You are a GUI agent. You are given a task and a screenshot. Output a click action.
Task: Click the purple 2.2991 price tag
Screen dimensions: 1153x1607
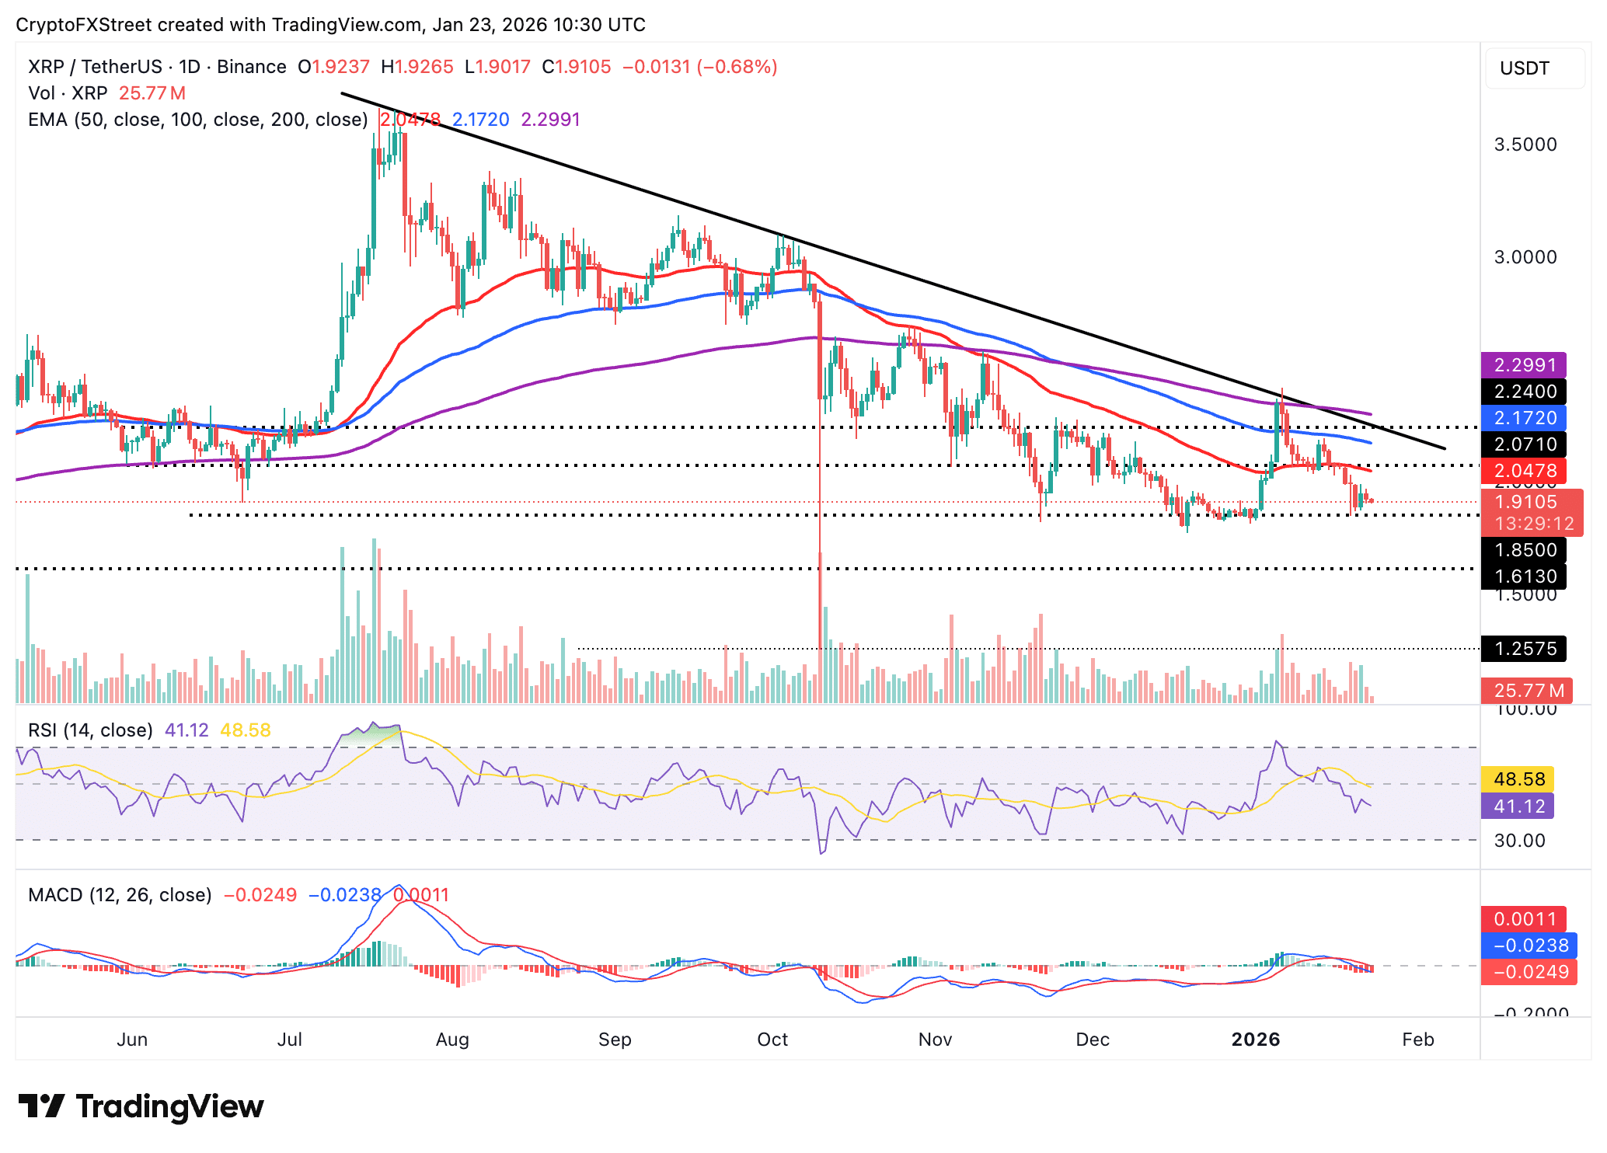pyautogui.click(x=1523, y=364)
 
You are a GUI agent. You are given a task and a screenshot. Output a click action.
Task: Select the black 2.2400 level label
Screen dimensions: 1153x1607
pyautogui.click(x=1523, y=391)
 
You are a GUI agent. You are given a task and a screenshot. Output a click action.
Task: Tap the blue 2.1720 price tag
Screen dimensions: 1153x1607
pyautogui.click(x=1523, y=417)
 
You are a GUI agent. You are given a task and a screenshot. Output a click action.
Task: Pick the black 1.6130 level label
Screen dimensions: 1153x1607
pyautogui.click(x=1523, y=576)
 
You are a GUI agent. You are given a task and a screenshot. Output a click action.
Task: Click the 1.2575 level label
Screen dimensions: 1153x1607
pyautogui.click(x=1523, y=648)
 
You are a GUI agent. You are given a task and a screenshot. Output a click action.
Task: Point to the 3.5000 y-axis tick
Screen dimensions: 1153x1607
pyautogui.click(x=1525, y=145)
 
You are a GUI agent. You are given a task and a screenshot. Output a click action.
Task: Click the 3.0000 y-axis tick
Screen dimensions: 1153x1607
pyautogui.click(x=1525, y=257)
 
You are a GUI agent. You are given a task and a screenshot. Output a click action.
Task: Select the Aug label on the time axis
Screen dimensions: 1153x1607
pyautogui.click(x=452, y=1039)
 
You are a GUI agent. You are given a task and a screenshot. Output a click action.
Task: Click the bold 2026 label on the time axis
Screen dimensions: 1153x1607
pyautogui.click(x=1255, y=1039)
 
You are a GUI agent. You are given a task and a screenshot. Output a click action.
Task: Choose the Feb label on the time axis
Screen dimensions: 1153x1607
pyautogui.click(x=1417, y=1039)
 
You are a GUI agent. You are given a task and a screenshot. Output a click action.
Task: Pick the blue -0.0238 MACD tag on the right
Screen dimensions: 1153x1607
pyautogui.click(x=1527, y=945)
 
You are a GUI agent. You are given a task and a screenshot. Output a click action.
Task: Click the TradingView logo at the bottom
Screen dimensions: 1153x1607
pyautogui.click(x=141, y=1106)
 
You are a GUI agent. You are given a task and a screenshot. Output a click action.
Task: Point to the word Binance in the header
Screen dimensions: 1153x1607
pyautogui.click(x=251, y=67)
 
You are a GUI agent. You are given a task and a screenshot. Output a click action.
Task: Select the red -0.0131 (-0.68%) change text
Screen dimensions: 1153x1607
pyautogui.click(x=699, y=67)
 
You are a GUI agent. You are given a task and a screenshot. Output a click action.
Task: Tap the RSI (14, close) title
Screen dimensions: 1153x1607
pyautogui.click(x=90, y=730)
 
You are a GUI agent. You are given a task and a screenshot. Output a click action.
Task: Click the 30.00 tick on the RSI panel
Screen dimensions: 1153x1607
pyautogui.click(x=1519, y=840)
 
